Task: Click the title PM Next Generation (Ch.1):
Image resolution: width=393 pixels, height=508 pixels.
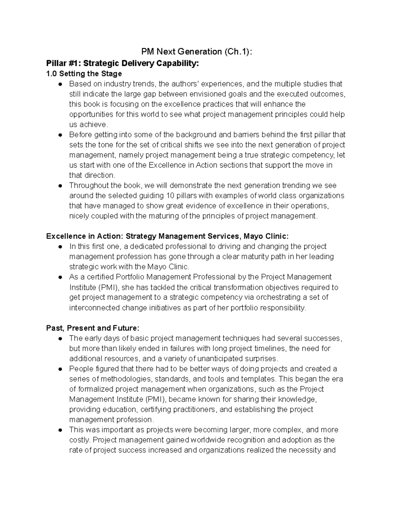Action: [x=196, y=52]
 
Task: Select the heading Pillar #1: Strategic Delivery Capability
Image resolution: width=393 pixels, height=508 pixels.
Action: [x=122, y=63]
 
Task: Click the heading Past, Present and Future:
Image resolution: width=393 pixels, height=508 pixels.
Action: [x=93, y=328]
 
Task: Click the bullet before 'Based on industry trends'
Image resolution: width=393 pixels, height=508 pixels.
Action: [x=60, y=84]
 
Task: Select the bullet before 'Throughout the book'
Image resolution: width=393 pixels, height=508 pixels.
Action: [x=60, y=186]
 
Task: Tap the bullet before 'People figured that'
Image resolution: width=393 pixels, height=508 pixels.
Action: [x=60, y=369]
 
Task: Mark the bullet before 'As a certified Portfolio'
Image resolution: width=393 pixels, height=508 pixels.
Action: [x=60, y=277]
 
